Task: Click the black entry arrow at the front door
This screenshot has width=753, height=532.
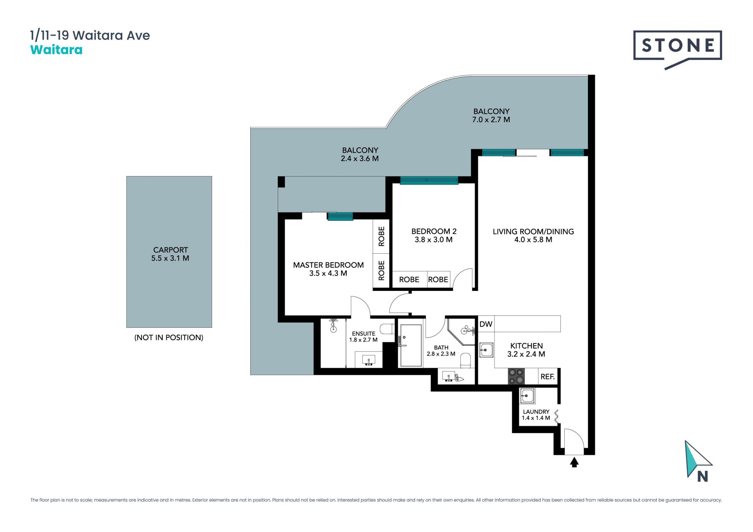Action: tap(574, 462)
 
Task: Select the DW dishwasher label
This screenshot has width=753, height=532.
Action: tap(486, 324)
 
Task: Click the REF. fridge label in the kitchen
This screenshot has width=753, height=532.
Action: tap(547, 376)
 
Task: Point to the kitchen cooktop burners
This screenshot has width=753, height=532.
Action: tap(517, 376)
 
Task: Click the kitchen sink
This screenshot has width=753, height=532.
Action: tap(486, 349)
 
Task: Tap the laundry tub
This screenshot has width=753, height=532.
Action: tap(527, 396)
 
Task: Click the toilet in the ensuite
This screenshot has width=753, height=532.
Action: tap(387, 329)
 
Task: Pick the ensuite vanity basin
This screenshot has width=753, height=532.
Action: tap(369, 360)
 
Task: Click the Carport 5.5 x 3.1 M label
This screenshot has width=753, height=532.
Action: tap(170, 254)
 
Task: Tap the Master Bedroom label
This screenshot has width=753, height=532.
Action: tap(328, 269)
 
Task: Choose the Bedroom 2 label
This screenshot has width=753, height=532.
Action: tap(434, 235)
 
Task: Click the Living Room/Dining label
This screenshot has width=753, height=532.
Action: tap(533, 235)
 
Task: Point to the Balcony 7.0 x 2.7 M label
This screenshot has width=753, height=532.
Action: tap(491, 115)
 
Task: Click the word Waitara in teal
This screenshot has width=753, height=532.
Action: tap(56, 50)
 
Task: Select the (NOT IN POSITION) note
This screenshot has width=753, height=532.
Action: tap(169, 337)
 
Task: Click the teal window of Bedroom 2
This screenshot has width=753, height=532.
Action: tap(429, 180)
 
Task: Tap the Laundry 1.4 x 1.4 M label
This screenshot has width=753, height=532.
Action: tap(536, 415)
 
